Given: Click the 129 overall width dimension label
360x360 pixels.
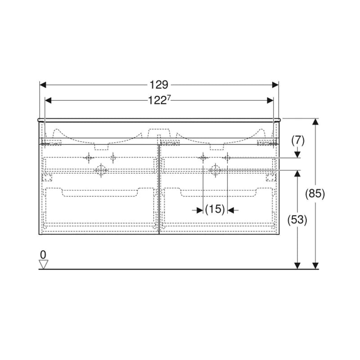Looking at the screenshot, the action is click(159, 85).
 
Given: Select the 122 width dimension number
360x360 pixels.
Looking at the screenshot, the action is click(157, 100).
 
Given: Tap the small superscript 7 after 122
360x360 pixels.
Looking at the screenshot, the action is click(169, 98).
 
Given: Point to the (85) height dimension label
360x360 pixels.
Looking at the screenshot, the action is click(315, 193).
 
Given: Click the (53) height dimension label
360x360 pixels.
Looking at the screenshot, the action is click(297, 220).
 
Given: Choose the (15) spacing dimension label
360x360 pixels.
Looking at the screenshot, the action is click(215, 209).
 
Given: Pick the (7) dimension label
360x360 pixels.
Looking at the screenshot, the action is click(298, 140).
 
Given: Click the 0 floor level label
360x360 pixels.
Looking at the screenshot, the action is click(43, 255).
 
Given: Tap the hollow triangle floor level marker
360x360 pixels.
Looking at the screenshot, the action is click(43, 264).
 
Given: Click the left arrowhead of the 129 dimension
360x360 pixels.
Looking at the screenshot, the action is click(43, 85).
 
